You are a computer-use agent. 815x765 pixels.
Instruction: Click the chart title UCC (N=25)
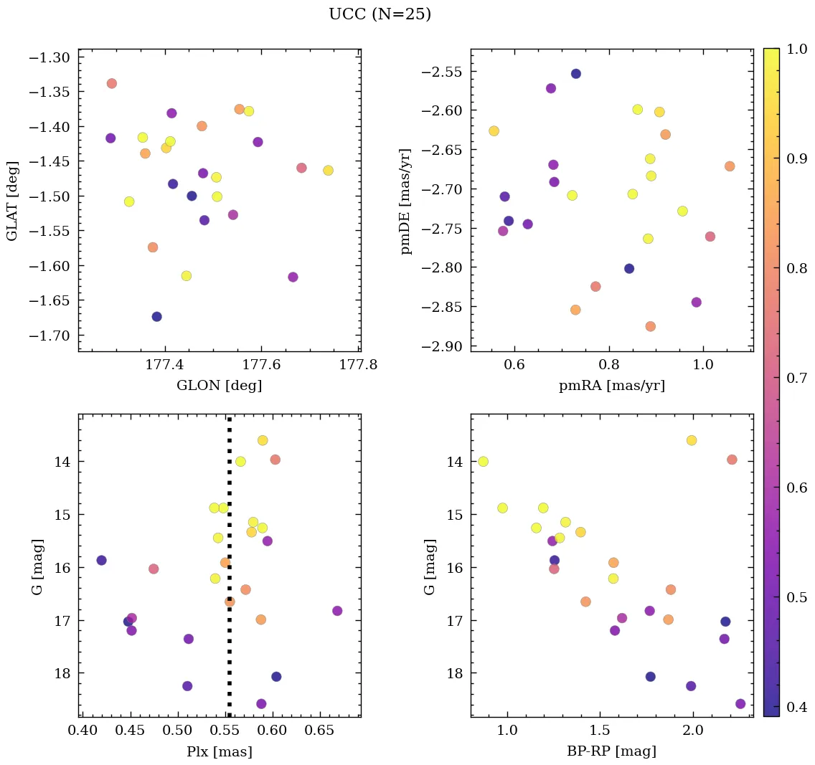[380, 14]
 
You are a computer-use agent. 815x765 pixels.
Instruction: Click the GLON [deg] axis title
[219, 386]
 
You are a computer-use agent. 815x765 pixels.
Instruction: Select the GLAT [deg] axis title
[12, 201]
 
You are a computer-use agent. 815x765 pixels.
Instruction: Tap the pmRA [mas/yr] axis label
[611, 386]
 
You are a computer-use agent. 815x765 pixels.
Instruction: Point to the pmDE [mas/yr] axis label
[406, 201]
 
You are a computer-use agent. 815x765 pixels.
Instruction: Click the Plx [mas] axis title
[219, 752]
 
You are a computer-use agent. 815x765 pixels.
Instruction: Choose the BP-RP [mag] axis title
[611, 752]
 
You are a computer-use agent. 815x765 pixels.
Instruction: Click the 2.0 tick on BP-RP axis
[693, 731]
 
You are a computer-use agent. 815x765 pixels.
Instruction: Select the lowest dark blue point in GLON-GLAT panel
[156, 316]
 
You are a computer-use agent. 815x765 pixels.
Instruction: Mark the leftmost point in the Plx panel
[101, 560]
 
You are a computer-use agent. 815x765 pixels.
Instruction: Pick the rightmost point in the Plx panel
[337, 611]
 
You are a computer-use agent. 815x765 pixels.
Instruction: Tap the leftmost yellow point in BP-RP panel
[483, 461]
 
